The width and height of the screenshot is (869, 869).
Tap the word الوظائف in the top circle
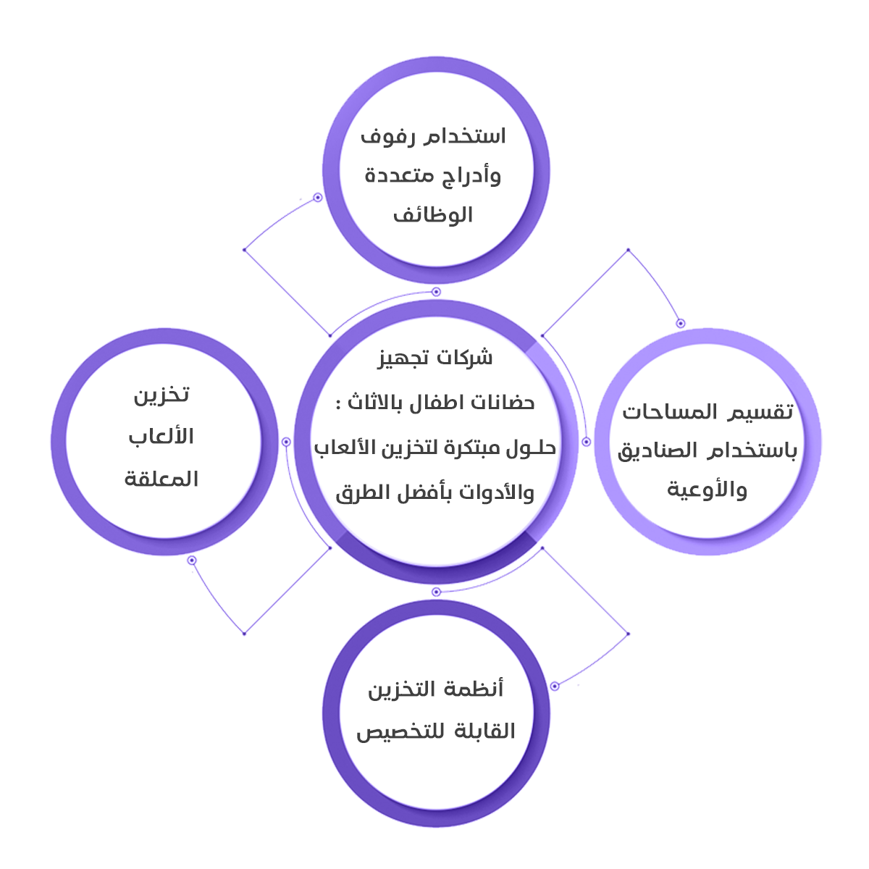coord(433,215)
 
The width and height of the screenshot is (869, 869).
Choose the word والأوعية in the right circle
coord(707,490)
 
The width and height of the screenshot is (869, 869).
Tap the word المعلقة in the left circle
coord(161,479)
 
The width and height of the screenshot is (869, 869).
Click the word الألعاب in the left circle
coord(161,437)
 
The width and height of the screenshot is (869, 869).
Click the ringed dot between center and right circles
coord(587,441)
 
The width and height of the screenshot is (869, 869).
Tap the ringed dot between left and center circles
coord(286,441)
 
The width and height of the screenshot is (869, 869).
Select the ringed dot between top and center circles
coord(436,292)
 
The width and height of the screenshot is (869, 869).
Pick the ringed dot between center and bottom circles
coord(436,592)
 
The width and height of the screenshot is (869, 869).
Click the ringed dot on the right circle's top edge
coord(681,323)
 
